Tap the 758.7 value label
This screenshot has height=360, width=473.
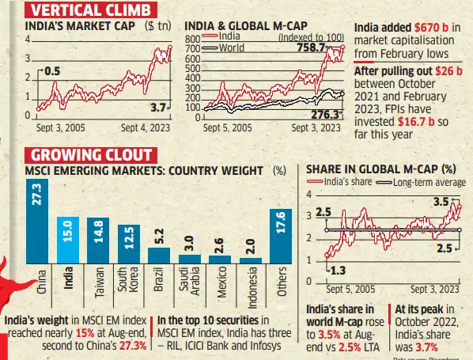point(309,48)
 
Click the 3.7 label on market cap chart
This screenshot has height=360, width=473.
point(158,106)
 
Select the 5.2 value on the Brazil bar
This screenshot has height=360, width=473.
point(159,235)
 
